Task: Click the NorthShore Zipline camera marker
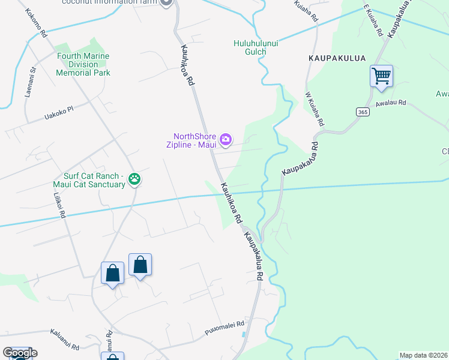click(x=226, y=140)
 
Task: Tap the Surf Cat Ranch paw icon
click(x=135, y=179)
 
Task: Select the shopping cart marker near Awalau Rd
click(x=381, y=76)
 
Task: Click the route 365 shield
click(x=362, y=112)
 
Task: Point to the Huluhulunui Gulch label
click(x=259, y=47)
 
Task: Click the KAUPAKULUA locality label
click(x=333, y=59)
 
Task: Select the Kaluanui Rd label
click(x=65, y=344)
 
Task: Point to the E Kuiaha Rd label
click(x=373, y=21)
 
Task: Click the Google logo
click(x=20, y=353)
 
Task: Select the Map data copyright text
click(x=424, y=355)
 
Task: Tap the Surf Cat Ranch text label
click(x=96, y=179)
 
